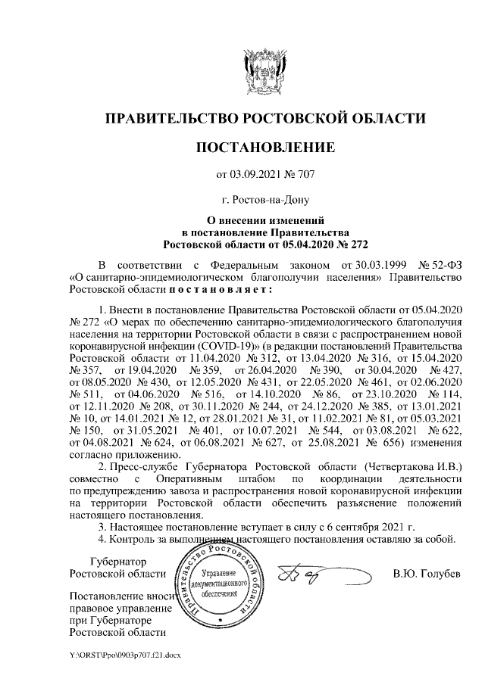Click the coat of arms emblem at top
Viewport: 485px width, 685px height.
pos(264,68)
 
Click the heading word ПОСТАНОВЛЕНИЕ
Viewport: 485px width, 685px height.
pos(264,146)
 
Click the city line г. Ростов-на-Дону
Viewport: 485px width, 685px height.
pos(264,201)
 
